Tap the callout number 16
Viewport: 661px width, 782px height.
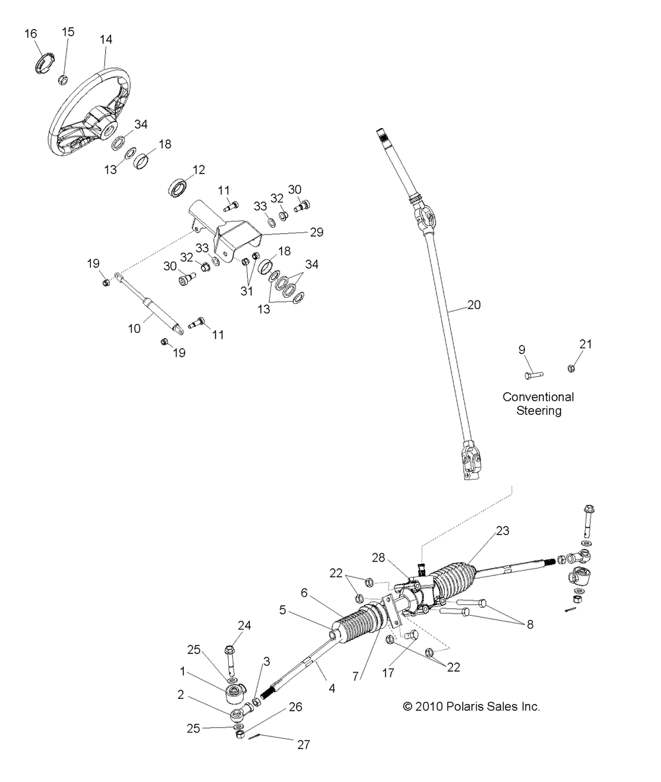click(30, 34)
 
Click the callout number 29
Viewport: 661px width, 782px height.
click(317, 232)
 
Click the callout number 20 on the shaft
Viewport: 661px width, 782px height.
click(474, 304)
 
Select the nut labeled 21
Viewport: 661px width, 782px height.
click(571, 369)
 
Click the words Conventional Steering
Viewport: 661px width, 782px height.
click(538, 404)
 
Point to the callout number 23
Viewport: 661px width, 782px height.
click(502, 530)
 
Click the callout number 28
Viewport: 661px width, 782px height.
click(379, 557)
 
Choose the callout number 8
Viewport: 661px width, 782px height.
click(530, 624)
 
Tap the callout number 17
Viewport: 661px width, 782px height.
click(388, 673)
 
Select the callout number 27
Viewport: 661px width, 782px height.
click(303, 744)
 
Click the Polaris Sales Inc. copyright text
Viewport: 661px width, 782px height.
click(471, 706)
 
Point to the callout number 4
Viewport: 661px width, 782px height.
click(332, 688)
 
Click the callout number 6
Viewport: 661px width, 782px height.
click(304, 593)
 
